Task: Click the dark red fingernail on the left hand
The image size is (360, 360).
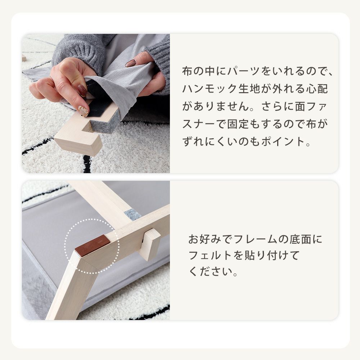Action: (82, 90)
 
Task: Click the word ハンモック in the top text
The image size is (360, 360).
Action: (210, 89)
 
